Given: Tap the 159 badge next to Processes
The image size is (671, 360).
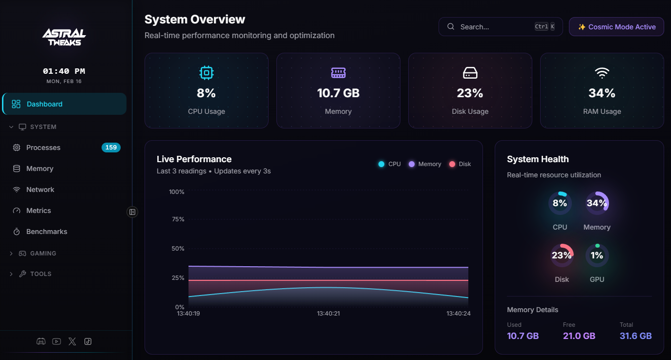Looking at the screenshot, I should tap(111, 148).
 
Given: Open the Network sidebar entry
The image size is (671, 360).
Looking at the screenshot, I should tap(40, 190).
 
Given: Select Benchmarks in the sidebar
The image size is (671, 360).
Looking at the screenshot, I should tap(46, 232).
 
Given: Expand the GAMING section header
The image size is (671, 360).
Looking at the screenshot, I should tap(43, 254).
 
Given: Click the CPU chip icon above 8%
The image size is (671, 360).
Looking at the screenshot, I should tap(207, 73).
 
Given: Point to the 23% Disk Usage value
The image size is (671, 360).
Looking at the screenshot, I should tap(470, 93).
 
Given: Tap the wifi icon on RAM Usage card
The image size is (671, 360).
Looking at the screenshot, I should tap(602, 73).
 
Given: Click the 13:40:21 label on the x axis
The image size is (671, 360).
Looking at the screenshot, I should tap(328, 314).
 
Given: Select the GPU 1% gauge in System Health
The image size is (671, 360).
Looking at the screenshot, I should tap(597, 255).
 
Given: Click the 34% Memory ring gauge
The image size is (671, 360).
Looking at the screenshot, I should tap(597, 203).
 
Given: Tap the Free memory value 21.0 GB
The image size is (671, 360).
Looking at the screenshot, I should tap(579, 336).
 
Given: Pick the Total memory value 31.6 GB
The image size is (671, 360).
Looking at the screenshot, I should tap(635, 336).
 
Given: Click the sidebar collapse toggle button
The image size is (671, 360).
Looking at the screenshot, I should tap(132, 212).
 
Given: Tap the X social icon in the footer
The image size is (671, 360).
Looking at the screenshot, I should tap(72, 341).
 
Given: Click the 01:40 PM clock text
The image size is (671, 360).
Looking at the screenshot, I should tap(64, 71).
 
